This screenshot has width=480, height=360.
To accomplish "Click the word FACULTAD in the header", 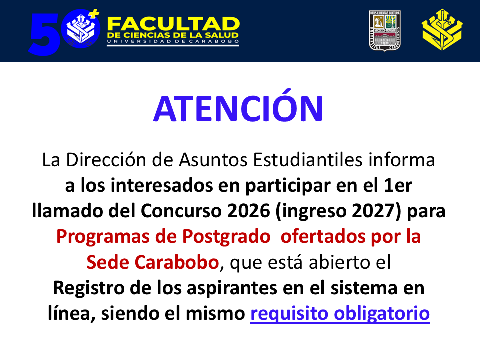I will (x=173, y=23).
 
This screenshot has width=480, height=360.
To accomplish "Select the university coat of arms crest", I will (x=386, y=31).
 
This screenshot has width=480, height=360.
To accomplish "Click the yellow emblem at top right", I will (x=442, y=31).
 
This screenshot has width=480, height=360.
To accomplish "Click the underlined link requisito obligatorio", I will (x=340, y=314).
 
